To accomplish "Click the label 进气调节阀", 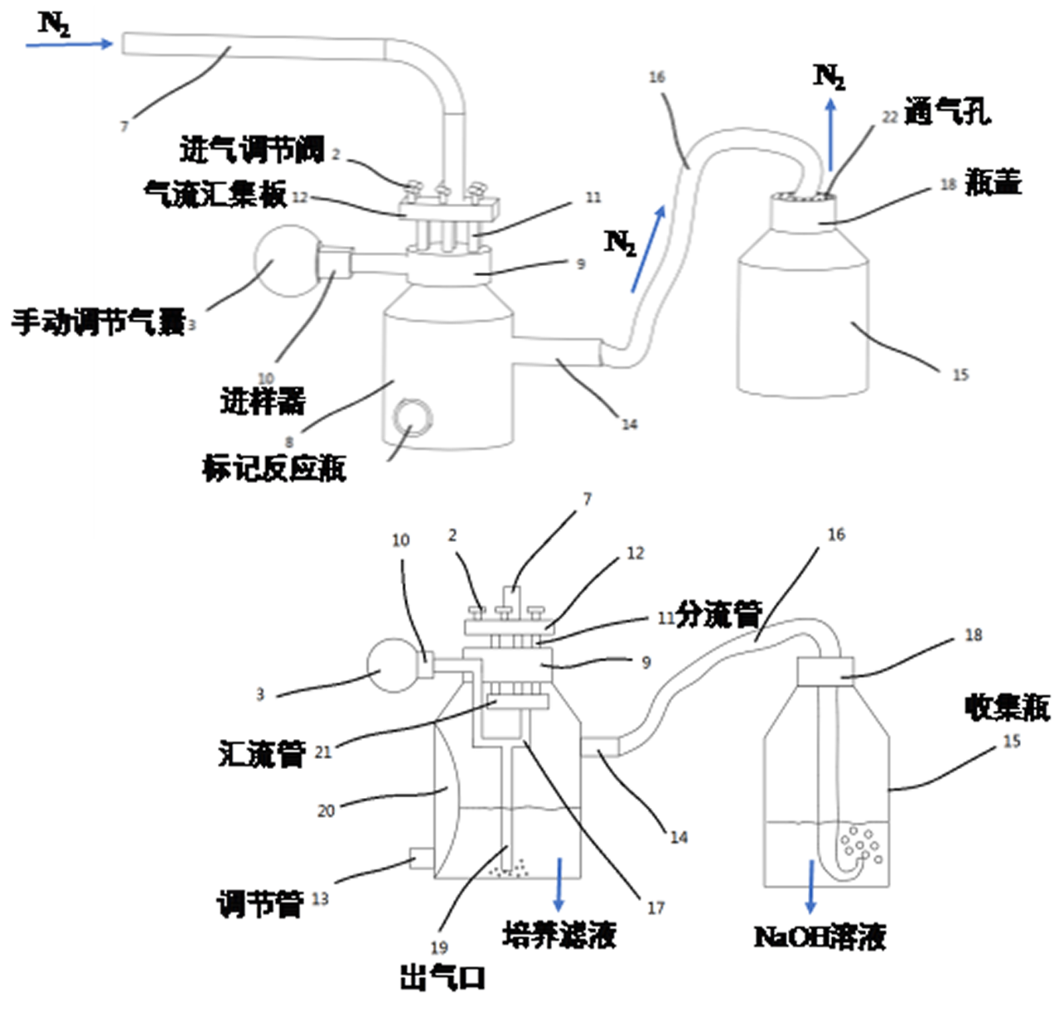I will click(x=251, y=150).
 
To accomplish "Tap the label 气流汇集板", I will click(x=214, y=195).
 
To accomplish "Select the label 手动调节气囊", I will click(x=97, y=321).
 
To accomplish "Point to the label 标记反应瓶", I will click(x=273, y=469).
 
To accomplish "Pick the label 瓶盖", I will click(x=993, y=182).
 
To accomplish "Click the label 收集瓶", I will click(x=1007, y=707).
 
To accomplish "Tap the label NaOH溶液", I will click(x=820, y=938).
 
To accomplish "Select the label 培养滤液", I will click(x=559, y=936).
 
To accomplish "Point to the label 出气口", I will click(x=442, y=978).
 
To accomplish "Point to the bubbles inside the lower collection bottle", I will click(x=861, y=843).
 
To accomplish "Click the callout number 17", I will click(x=656, y=908).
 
